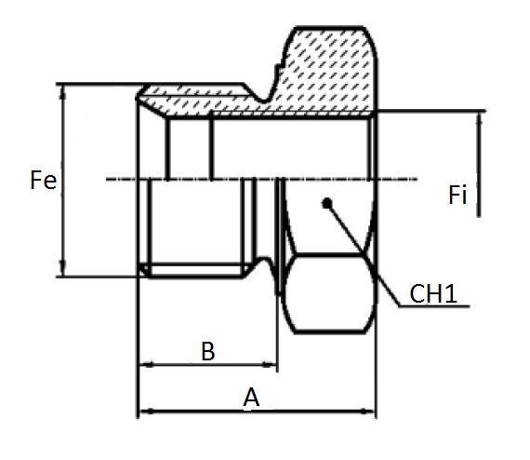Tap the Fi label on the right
tap(457, 196)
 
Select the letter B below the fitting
tap(208, 352)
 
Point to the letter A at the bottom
tap(250, 398)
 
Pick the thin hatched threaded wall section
tap(205, 102)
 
